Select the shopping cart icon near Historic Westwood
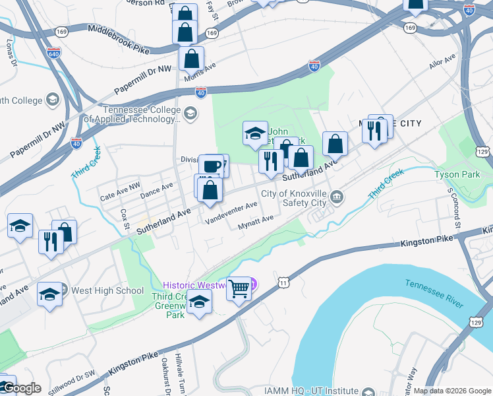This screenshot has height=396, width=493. [x=239, y=288]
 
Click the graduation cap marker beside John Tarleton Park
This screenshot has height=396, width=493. [x=255, y=134]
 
